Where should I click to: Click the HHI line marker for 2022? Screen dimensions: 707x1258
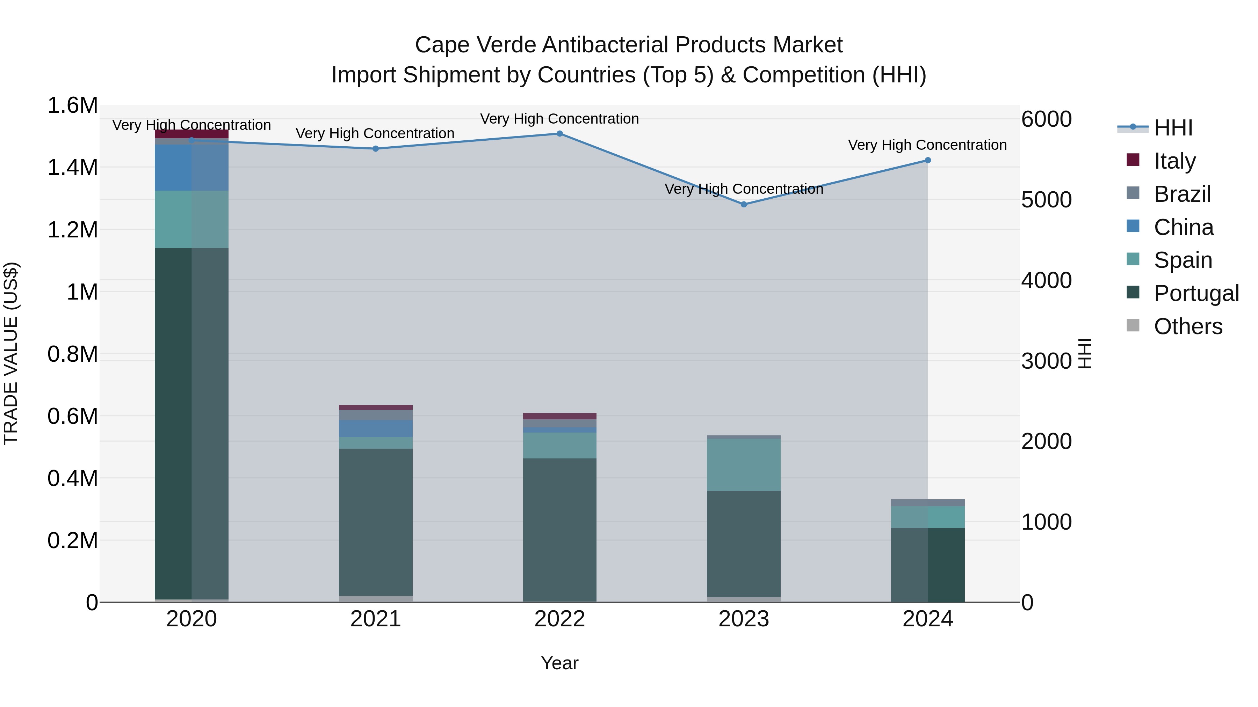(560, 134)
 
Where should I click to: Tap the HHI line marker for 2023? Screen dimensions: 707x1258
(744, 205)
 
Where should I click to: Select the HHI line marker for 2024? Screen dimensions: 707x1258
(928, 160)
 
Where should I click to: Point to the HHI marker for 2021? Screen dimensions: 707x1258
(376, 149)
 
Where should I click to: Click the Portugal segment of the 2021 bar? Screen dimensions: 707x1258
(376, 522)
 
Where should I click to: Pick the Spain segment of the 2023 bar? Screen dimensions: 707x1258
(744, 464)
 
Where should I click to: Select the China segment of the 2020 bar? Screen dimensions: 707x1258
(191, 167)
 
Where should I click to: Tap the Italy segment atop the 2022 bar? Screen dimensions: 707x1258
(560, 416)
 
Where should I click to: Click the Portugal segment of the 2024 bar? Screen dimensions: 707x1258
(928, 565)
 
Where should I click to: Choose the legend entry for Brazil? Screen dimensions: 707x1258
(1182, 194)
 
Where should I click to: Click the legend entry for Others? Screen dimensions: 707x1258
(1188, 326)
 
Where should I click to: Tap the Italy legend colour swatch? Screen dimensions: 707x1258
(1133, 160)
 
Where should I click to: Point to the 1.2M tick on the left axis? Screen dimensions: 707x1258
(72, 230)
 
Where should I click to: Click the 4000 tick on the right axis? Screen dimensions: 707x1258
(1046, 281)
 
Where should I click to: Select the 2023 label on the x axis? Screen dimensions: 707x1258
(744, 619)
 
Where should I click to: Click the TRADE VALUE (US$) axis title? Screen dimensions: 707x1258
(11, 353)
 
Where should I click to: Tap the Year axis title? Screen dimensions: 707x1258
(560, 663)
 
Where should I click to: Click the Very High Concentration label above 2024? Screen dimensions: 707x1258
(927, 145)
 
